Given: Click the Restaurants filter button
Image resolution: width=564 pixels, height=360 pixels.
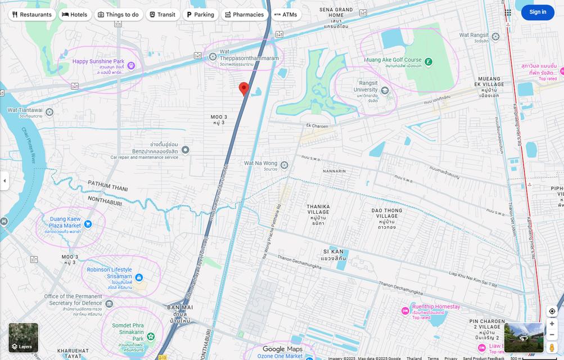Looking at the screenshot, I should (31, 15).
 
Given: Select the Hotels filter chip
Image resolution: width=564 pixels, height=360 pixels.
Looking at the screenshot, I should (74, 15).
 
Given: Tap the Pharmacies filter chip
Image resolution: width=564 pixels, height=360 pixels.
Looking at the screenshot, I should (243, 15).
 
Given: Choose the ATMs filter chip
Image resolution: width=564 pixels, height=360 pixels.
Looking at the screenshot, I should (286, 15).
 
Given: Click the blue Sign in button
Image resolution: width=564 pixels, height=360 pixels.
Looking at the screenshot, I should (537, 12).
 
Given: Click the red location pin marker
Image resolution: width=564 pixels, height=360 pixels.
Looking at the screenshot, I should (243, 89).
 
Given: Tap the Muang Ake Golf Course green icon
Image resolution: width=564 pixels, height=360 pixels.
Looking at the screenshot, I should (428, 61).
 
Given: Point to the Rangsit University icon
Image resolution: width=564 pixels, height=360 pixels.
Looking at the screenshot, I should (385, 90).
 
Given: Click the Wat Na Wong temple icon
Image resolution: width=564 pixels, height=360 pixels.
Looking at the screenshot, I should (285, 165).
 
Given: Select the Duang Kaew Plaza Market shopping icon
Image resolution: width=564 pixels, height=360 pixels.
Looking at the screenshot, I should (88, 224).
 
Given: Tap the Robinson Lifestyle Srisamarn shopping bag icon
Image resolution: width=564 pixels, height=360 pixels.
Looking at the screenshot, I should (139, 278).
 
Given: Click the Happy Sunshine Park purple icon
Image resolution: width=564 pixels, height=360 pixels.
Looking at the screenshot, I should (131, 66).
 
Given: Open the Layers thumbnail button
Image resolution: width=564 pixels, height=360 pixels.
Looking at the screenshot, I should (23, 337).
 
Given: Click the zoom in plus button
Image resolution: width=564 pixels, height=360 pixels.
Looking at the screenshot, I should (552, 323).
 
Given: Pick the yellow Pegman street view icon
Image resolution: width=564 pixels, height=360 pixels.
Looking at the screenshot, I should (552, 348).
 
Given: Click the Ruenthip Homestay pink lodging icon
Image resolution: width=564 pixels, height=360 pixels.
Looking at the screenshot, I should (405, 310).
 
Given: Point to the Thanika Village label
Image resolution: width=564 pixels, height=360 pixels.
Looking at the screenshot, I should (318, 211).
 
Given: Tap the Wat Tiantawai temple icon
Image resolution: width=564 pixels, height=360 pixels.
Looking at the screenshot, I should (49, 112).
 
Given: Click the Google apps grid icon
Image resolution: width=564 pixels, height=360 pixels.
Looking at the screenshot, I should (508, 12).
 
